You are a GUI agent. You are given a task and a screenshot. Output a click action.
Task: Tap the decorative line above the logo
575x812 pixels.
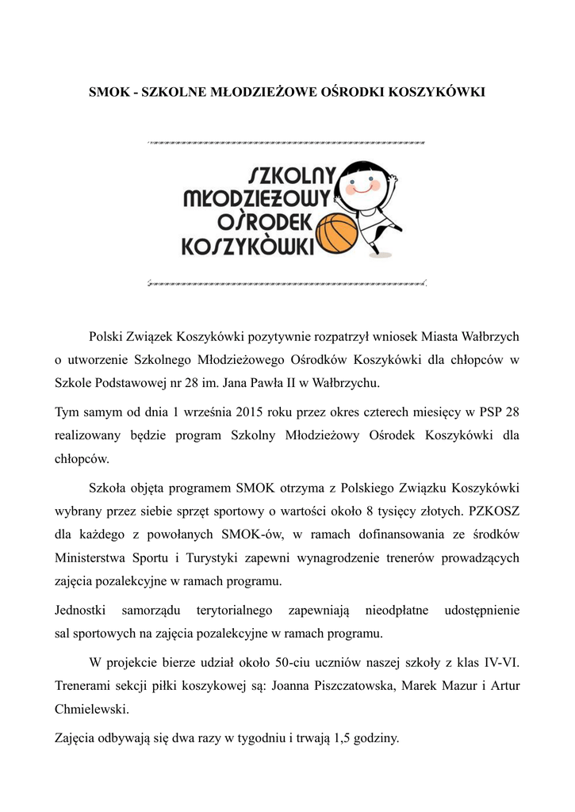(287, 143)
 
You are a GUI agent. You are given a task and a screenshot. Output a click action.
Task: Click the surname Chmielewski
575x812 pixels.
(90, 707)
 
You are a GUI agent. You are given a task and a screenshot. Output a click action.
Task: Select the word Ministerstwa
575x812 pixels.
(90, 557)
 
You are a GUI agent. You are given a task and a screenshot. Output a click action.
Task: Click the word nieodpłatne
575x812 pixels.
(397, 610)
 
